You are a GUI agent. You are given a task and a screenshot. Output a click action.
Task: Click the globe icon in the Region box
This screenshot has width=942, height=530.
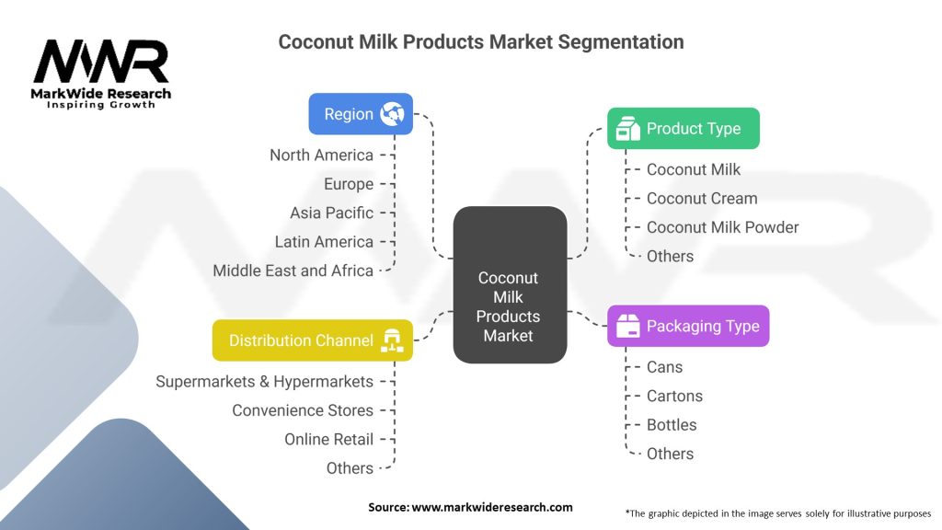[392, 113]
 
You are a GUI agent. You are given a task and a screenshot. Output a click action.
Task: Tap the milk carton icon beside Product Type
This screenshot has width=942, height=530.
[627, 128]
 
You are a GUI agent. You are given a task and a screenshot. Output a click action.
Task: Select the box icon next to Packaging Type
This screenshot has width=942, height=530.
[627, 326]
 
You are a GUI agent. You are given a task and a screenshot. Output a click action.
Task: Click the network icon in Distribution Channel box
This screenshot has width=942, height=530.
[392, 340]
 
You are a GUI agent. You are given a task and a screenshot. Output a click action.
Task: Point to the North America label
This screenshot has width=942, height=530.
[321, 155]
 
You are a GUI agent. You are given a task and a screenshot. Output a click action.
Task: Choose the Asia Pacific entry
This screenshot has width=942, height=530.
[331, 213]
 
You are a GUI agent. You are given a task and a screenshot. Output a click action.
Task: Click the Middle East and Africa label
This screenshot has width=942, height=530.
[293, 271]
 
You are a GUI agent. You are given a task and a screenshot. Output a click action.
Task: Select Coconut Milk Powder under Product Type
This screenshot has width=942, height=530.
[723, 227]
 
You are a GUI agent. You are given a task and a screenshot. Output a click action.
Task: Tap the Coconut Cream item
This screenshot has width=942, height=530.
[702, 199]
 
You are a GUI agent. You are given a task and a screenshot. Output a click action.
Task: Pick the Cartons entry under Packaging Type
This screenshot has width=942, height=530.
[674, 396]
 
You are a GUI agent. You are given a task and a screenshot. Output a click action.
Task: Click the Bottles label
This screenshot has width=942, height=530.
[672, 425]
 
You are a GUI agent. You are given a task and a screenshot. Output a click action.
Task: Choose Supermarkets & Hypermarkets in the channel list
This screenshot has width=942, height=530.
[264, 382]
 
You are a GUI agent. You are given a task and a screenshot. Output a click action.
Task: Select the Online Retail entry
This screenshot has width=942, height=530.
[328, 439]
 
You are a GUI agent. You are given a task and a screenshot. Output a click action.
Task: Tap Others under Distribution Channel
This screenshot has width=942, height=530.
[350, 468]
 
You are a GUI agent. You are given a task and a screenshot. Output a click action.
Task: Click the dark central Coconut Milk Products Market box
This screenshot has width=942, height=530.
[510, 285]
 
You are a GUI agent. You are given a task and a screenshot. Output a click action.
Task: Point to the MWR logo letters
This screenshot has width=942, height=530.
[101, 62]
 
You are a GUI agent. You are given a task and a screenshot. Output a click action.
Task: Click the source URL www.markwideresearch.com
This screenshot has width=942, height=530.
[492, 507]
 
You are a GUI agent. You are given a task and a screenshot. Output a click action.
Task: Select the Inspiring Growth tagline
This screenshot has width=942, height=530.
[101, 105]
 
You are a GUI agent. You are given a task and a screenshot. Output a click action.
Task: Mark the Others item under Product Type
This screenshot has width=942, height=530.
[670, 256]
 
